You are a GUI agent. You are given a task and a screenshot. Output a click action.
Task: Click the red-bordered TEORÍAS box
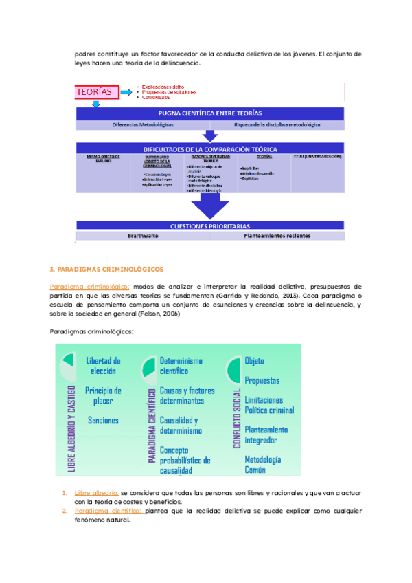pos(96,91)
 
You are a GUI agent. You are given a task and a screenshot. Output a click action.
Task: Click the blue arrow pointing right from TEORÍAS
pos(128,91)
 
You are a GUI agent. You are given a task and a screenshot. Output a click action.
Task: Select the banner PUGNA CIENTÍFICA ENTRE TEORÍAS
pos(210,113)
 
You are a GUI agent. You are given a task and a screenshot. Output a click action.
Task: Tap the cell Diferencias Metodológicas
pos(144,125)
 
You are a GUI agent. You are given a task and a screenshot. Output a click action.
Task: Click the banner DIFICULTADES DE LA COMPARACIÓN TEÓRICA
pos(210,148)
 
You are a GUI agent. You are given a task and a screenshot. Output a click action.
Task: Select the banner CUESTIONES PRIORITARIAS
pos(210,225)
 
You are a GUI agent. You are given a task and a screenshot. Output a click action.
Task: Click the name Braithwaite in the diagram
pos(143,236)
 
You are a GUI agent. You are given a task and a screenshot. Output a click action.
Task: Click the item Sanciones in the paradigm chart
pos(103,420)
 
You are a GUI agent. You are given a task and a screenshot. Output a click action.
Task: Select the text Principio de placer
pos(104,396)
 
